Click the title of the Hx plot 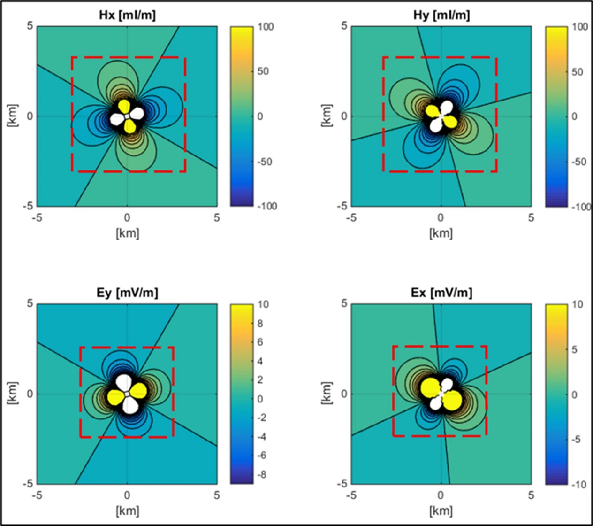(127, 15)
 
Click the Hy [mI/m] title (441, 15)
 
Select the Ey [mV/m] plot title (127, 293)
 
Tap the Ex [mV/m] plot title (441, 293)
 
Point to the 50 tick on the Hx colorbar (263, 71)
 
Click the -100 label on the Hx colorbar (267, 206)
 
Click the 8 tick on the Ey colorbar (260, 324)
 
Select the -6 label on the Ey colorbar (262, 456)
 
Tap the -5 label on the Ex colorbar (576, 440)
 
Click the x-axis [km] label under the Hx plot (127, 233)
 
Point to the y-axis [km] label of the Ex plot (327, 394)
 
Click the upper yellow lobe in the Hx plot (124, 107)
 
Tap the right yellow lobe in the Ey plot (138, 391)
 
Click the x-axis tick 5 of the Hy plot (531, 217)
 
